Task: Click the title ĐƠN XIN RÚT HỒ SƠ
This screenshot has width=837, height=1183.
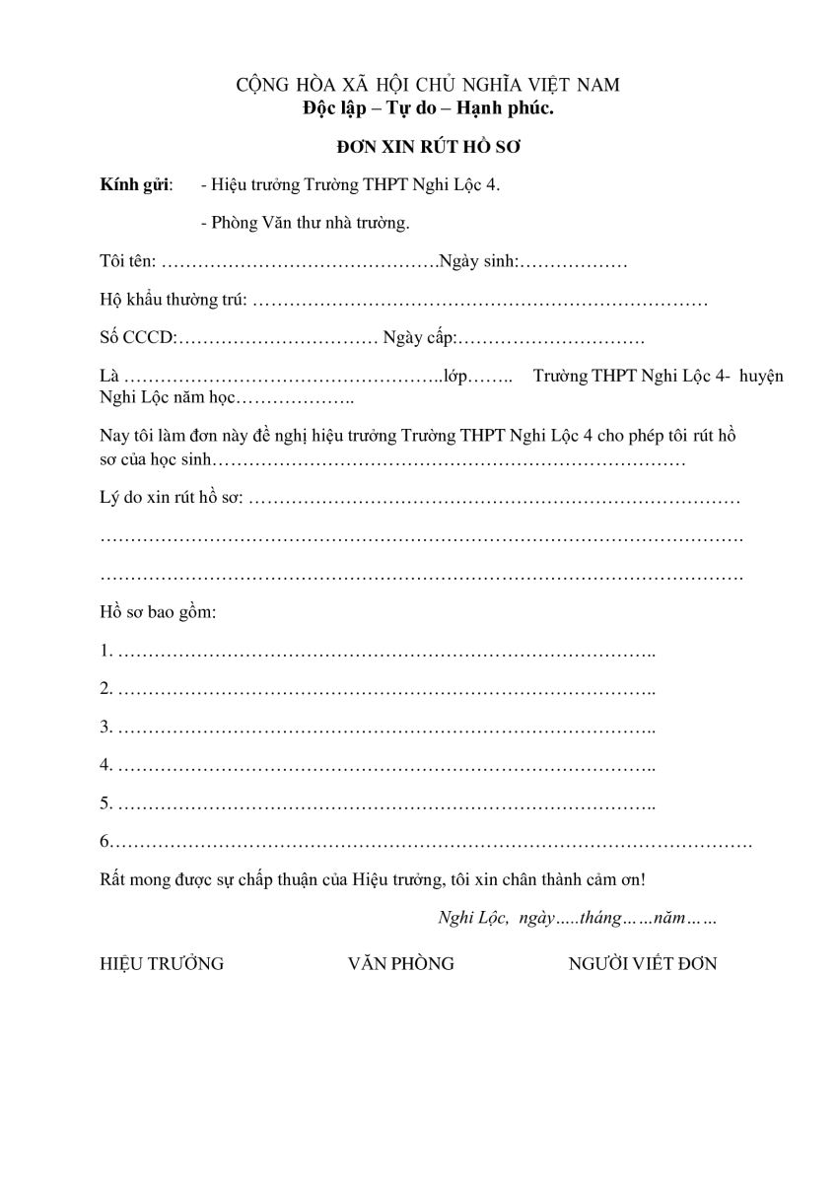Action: pyautogui.click(x=428, y=146)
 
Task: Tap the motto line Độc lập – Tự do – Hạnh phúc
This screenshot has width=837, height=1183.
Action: pyautogui.click(x=428, y=107)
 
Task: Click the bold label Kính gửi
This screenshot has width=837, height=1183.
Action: pyautogui.click(x=135, y=185)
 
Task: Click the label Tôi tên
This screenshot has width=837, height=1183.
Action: pyautogui.click(x=127, y=263)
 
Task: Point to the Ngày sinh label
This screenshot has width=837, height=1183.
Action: pyautogui.click(x=478, y=263)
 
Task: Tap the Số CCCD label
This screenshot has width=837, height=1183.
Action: pyautogui.click(x=137, y=338)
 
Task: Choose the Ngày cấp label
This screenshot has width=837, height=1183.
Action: pyautogui.click(x=419, y=338)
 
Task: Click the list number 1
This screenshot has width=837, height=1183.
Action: pyautogui.click(x=105, y=651)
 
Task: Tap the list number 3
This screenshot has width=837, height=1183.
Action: pyautogui.click(x=105, y=728)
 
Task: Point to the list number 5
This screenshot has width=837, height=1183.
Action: pyautogui.click(x=105, y=803)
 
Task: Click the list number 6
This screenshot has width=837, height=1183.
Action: pyautogui.click(x=105, y=842)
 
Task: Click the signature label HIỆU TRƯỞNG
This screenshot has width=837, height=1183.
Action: pyautogui.click(x=162, y=964)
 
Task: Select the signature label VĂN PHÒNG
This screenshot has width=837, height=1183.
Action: pyautogui.click(x=401, y=964)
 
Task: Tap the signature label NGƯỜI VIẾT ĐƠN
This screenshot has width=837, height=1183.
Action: pyautogui.click(x=643, y=964)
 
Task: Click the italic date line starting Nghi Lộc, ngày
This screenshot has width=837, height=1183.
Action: pyautogui.click(x=577, y=918)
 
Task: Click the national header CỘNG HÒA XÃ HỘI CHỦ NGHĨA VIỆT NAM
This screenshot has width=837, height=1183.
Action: pyautogui.click(x=428, y=85)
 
